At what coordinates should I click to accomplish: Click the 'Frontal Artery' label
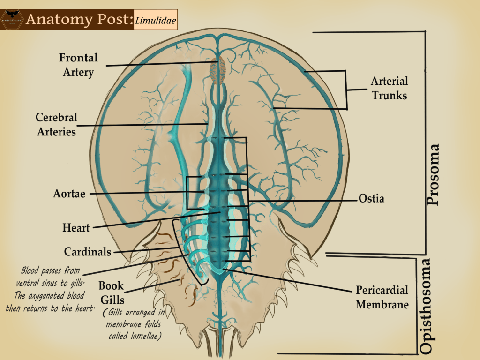(78, 65)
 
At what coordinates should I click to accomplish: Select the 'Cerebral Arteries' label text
(56, 124)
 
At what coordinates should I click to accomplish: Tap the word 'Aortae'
(69, 193)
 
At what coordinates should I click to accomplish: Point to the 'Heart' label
(76, 228)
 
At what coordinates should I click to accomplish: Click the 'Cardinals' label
(88, 252)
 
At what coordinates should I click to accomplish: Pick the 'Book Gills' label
(111, 292)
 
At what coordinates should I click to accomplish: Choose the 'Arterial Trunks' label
(389, 88)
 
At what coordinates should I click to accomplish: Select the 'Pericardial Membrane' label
(382, 297)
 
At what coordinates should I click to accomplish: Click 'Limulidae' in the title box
(156, 19)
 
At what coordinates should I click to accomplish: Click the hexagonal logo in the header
(12, 19)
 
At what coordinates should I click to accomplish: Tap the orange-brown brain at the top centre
(217, 71)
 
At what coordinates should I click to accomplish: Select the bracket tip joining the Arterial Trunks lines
(346, 89)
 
